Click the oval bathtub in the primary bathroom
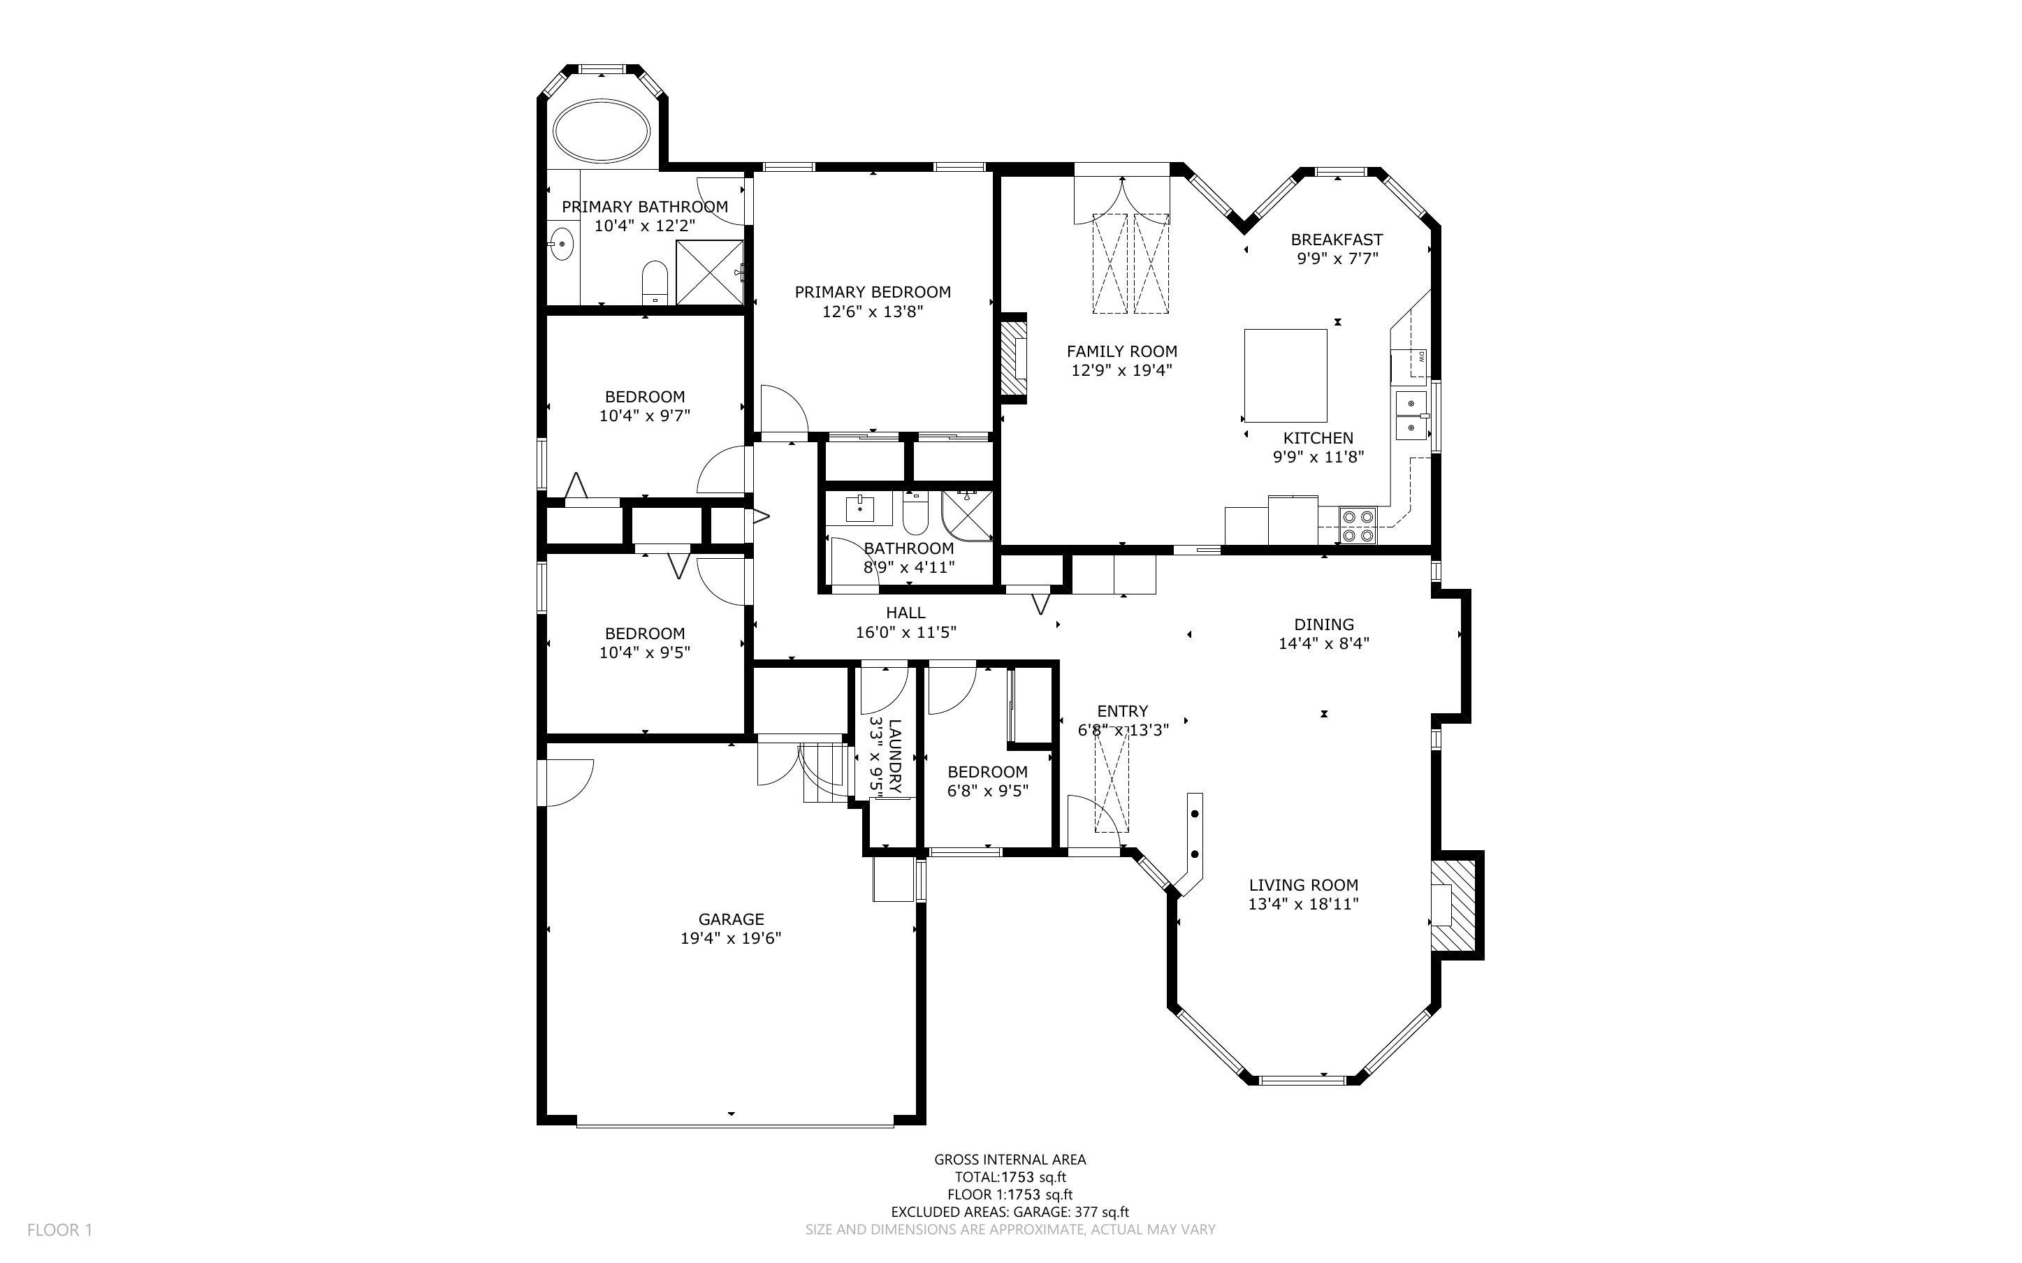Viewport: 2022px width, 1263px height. pyautogui.click(x=602, y=132)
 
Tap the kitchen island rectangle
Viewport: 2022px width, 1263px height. pyautogui.click(x=1286, y=376)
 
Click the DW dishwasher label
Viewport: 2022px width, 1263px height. pyautogui.click(x=1420, y=358)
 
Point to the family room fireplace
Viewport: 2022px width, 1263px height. pyautogui.click(x=1014, y=358)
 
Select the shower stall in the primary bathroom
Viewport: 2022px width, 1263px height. pyautogui.click(x=709, y=272)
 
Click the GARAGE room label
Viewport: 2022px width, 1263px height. pyautogui.click(x=731, y=919)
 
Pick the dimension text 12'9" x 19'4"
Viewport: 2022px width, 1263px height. pyautogui.click(x=1121, y=371)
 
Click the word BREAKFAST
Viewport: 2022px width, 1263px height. pyautogui.click(x=1337, y=240)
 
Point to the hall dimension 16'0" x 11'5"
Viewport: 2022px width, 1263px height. pyautogui.click(x=905, y=632)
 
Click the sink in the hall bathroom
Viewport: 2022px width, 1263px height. pyautogui.click(x=859, y=509)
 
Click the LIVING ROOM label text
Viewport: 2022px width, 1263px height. pyautogui.click(x=1303, y=884)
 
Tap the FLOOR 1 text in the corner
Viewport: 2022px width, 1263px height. pyautogui.click(x=59, y=1229)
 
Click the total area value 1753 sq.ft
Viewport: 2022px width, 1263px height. pyautogui.click(x=1034, y=1178)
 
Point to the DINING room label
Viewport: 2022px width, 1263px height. pyautogui.click(x=1324, y=624)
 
